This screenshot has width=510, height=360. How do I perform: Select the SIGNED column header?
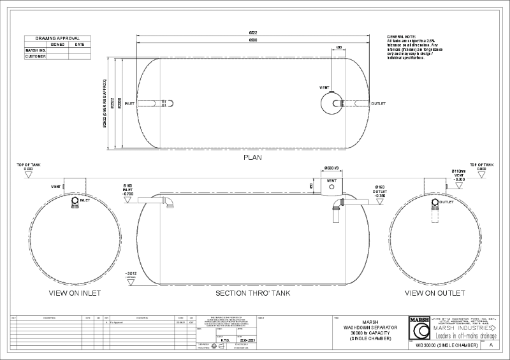57,45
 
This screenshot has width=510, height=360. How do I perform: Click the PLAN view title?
254,157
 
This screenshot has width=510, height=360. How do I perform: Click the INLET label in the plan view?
129,103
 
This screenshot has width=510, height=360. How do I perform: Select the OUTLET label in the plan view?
379,103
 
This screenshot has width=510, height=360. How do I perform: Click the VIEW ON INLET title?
75,294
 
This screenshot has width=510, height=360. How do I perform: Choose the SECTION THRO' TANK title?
254,294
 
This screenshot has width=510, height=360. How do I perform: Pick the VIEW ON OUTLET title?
435,294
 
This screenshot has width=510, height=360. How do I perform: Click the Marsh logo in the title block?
419,330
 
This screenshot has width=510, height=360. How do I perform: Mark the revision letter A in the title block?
491,344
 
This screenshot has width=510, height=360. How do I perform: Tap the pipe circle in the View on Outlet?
435,203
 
